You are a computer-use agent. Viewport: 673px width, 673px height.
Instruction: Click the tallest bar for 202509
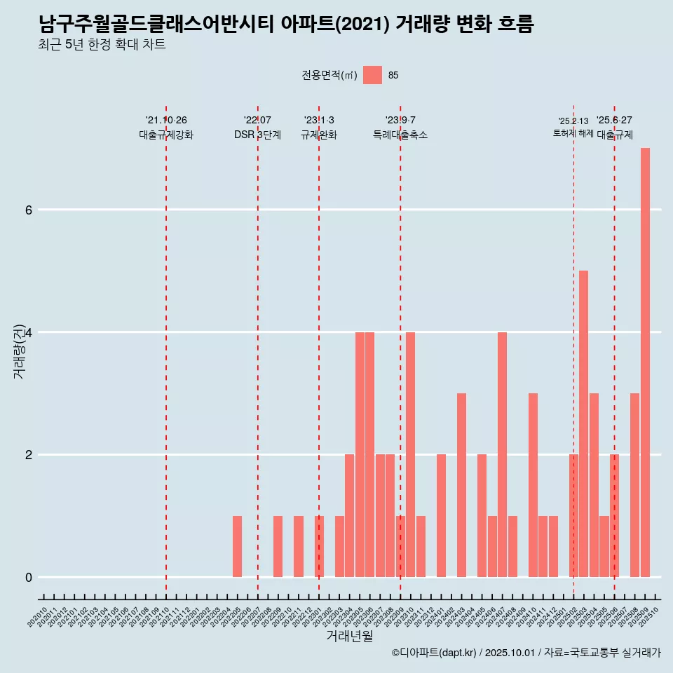pos(645,362)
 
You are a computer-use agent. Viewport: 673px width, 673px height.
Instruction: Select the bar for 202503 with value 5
pos(583,423)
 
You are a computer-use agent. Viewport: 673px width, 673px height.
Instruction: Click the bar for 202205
pos(237,546)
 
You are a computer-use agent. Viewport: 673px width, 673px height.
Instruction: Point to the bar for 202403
pos(461,485)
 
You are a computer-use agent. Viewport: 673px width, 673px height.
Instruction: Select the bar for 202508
pos(634,485)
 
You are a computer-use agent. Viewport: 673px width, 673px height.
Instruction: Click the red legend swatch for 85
pos(372,75)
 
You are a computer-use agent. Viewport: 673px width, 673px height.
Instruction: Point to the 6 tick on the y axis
pos(28,210)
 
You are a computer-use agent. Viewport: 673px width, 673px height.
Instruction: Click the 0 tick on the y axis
pos(28,577)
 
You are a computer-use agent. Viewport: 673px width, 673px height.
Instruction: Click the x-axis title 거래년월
pos(349,637)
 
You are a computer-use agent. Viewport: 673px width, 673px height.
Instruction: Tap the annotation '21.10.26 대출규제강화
pos(166,128)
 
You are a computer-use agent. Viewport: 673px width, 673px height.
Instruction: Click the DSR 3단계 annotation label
pos(257,135)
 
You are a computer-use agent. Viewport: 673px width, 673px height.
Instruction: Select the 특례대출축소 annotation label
pos(400,135)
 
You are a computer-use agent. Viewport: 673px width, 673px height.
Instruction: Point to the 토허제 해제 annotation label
pos(573,133)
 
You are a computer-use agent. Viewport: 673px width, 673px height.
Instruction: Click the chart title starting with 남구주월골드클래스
pos(286,25)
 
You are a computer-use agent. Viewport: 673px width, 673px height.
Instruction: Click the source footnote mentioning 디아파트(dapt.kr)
pos(526,653)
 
